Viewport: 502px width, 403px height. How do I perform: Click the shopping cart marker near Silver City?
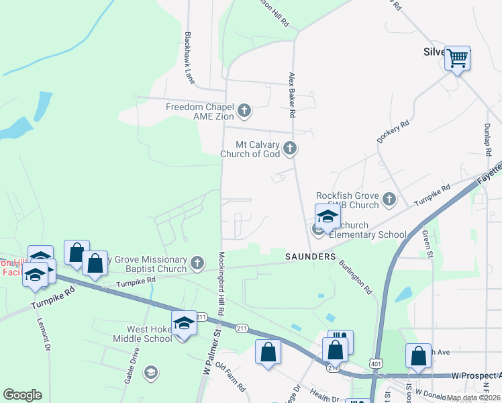click(458, 58)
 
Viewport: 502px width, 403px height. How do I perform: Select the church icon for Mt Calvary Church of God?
click(290, 148)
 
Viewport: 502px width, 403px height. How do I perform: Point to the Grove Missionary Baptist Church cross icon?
click(197, 263)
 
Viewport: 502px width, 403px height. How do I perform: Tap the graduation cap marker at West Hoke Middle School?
click(184, 324)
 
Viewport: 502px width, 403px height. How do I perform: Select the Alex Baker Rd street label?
click(292, 95)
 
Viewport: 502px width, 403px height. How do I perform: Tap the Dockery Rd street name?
click(393, 132)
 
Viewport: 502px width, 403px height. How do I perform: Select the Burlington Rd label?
click(355, 277)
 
